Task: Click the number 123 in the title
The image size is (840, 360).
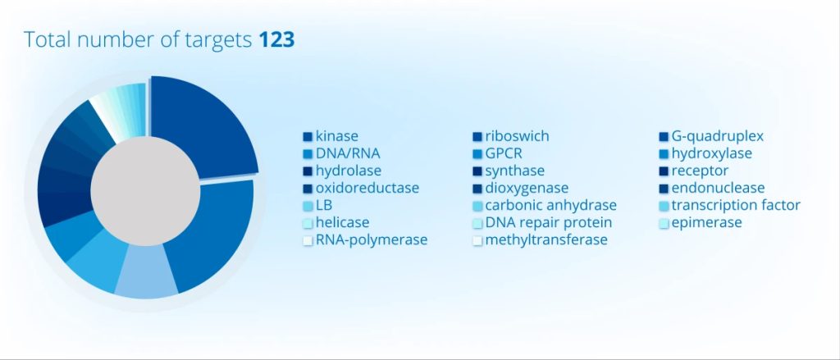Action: [x=277, y=39]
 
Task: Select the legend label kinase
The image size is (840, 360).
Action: [x=337, y=137]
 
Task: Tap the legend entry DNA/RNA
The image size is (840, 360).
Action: [x=348, y=153]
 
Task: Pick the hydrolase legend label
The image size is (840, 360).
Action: [x=349, y=171]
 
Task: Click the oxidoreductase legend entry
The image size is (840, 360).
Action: [x=367, y=188]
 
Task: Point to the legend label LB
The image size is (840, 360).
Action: [x=323, y=205]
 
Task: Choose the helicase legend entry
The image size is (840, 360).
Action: [x=342, y=222]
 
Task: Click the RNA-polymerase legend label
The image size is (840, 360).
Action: [x=372, y=239]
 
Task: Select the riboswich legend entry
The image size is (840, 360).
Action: [x=517, y=137]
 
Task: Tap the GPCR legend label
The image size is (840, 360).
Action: [x=503, y=153]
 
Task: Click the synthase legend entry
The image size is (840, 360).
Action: [x=515, y=171]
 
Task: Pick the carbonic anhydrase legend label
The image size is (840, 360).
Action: [x=550, y=205]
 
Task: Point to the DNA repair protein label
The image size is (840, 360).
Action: [x=549, y=222]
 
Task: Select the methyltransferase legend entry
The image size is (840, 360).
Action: [x=546, y=239]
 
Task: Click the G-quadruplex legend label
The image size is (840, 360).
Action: [x=717, y=137]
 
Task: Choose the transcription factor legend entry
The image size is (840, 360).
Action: [x=736, y=205]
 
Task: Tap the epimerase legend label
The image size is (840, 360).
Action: [x=706, y=222]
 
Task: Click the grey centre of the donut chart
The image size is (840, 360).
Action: [x=145, y=191]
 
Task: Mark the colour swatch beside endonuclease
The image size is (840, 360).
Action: [x=664, y=189]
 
